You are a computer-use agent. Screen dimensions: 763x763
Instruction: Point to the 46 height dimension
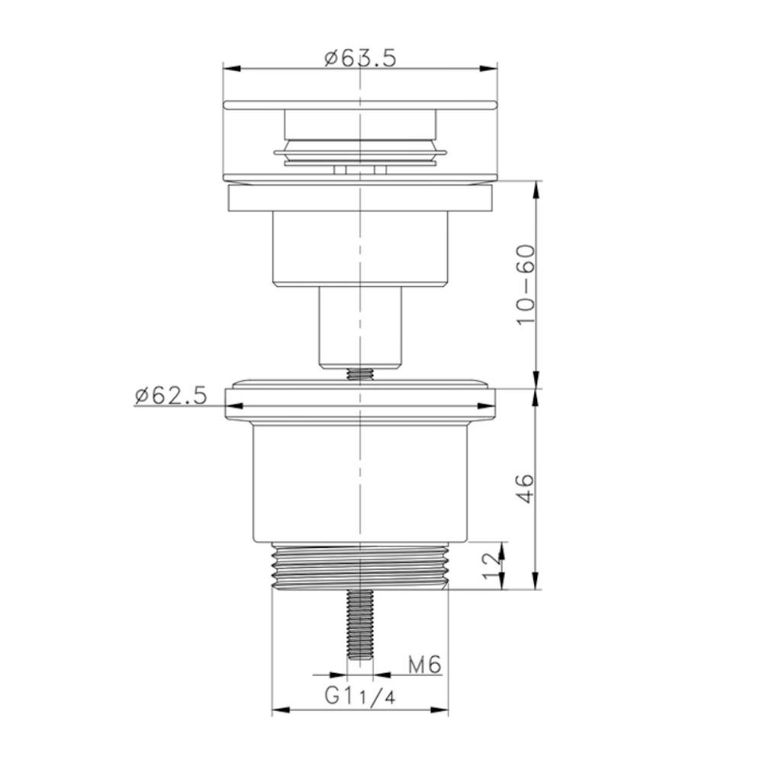click(x=526, y=489)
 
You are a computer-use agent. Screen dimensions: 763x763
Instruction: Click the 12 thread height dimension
click(x=491, y=566)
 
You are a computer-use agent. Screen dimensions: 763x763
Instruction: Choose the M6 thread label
click(x=424, y=665)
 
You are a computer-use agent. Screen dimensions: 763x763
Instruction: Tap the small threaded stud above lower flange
click(x=359, y=374)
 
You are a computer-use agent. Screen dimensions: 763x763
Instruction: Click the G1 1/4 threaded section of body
click(x=359, y=566)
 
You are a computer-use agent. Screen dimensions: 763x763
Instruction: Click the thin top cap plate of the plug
click(x=359, y=103)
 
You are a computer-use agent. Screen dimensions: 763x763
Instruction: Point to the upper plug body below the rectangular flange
click(x=359, y=248)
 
